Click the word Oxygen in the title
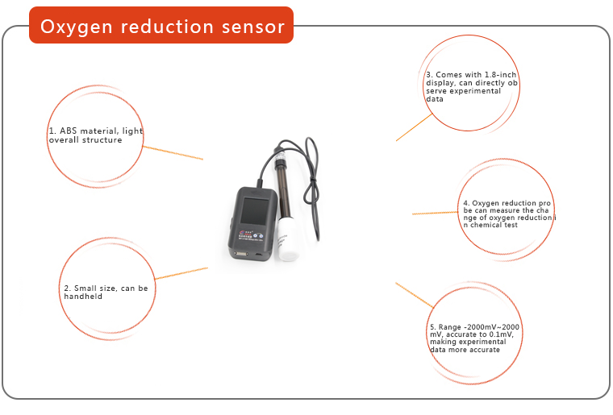(x=76, y=27)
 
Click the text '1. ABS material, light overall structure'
(x=95, y=135)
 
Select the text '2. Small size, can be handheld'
(x=106, y=292)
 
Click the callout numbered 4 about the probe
(x=508, y=214)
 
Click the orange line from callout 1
(x=173, y=152)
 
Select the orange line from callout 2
(x=181, y=273)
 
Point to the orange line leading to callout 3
(x=414, y=127)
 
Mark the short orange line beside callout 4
(x=434, y=213)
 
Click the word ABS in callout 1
(x=65, y=131)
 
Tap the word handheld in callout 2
(x=83, y=297)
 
